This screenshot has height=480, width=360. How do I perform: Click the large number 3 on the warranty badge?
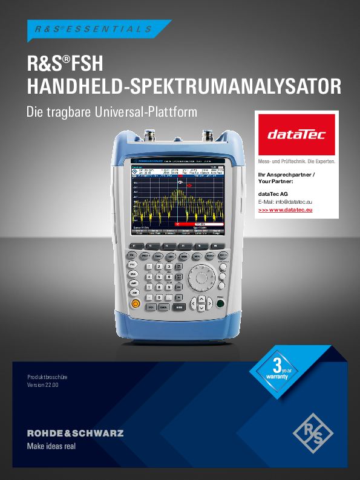277,365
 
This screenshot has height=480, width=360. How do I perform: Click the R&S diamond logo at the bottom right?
313,432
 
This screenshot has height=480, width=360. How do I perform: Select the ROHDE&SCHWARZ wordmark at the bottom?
76,433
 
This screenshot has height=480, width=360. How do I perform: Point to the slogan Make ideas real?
51,447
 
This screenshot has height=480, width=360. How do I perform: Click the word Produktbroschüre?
47,377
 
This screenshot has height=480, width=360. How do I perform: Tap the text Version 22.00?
43,384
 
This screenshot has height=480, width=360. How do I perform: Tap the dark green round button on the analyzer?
221,304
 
